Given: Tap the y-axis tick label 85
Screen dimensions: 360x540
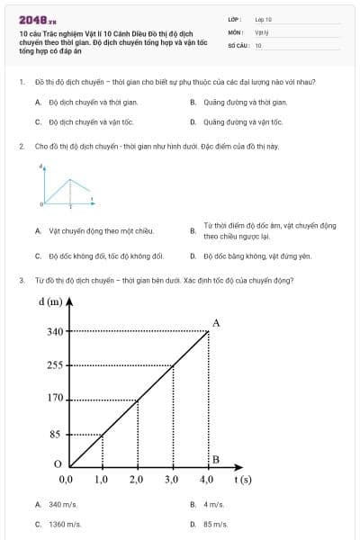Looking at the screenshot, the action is pyautogui.click(x=55, y=434).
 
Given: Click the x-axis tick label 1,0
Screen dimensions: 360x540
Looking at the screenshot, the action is pyautogui.click(x=101, y=481).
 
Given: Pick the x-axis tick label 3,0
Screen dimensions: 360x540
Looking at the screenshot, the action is pyautogui.click(x=172, y=481).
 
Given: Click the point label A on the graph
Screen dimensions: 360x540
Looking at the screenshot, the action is pyautogui.click(x=216, y=322).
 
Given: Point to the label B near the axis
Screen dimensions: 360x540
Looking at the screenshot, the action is pyautogui.click(x=215, y=460).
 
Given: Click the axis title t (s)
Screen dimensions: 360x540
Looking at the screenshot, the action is pyautogui.click(x=242, y=481).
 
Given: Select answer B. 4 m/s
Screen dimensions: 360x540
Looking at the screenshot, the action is pyautogui.click(x=211, y=505).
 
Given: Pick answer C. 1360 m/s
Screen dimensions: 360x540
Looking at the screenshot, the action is pyautogui.click(x=63, y=523).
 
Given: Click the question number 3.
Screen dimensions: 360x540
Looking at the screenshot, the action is pyautogui.click(x=21, y=279).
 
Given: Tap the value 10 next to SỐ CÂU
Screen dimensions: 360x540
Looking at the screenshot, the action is pyautogui.click(x=258, y=45).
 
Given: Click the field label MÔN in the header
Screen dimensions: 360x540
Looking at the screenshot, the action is pyautogui.click(x=235, y=31).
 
